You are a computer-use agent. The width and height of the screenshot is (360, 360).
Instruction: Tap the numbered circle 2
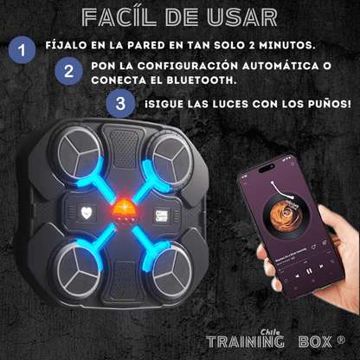point(69,72)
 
